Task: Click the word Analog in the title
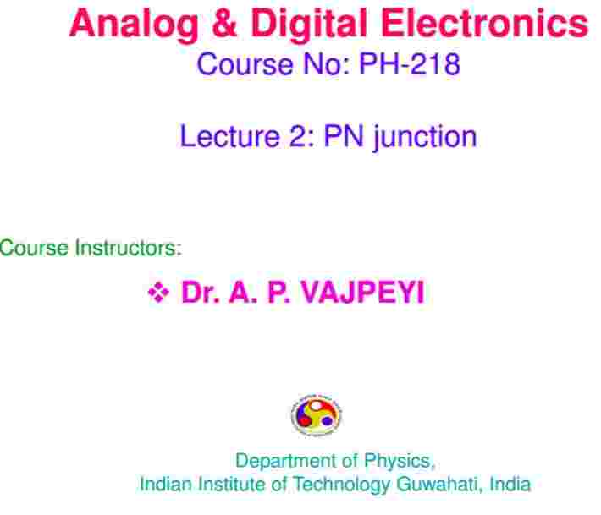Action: click(134, 25)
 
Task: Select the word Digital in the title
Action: click(310, 25)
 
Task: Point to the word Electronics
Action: click(484, 23)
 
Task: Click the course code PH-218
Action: click(410, 63)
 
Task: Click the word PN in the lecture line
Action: click(344, 136)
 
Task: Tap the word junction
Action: click(425, 138)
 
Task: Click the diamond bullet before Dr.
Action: click(158, 293)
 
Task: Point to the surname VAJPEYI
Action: click(362, 292)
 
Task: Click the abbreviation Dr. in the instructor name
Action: click(201, 292)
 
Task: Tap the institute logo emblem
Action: click(317, 415)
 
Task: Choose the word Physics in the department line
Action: click(400, 462)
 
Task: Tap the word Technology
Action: click(341, 485)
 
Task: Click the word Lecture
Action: click(230, 136)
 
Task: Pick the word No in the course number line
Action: click(326, 64)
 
